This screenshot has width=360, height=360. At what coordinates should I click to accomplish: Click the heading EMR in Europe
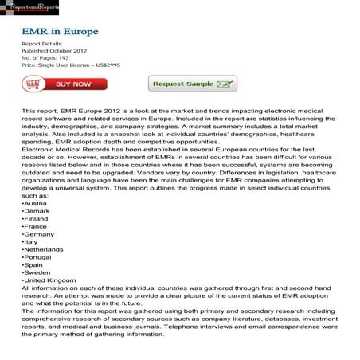(60, 31)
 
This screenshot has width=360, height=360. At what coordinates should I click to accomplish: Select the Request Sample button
(193, 84)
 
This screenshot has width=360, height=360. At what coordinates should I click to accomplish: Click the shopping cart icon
(33, 84)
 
